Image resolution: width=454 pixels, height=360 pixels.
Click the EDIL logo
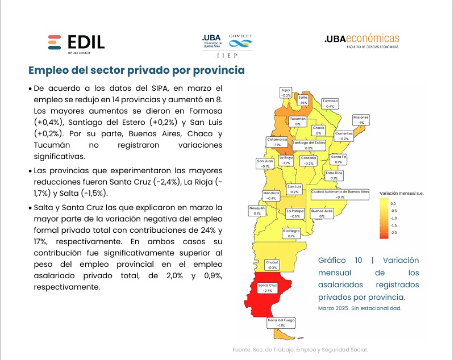(x=76, y=43)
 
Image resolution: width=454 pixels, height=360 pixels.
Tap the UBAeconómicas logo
(x=361, y=40)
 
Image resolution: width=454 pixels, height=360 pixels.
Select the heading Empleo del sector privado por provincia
(x=137, y=70)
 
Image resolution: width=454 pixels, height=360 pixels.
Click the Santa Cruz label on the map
(x=267, y=287)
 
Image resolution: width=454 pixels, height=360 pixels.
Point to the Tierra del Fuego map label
(x=280, y=323)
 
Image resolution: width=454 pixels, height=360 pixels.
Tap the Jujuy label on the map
(x=286, y=93)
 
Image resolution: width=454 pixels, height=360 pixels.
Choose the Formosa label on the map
(x=330, y=103)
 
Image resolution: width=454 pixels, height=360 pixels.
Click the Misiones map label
(x=361, y=119)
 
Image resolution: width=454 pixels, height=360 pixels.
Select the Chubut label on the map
(x=272, y=265)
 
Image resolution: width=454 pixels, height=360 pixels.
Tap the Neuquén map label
(x=257, y=211)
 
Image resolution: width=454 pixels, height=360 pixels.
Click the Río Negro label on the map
(x=291, y=233)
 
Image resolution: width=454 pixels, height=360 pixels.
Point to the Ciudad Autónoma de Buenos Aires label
(x=340, y=194)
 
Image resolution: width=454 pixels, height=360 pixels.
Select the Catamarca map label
(x=277, y=142)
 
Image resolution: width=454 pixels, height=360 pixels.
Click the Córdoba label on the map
(x=309, y=160)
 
